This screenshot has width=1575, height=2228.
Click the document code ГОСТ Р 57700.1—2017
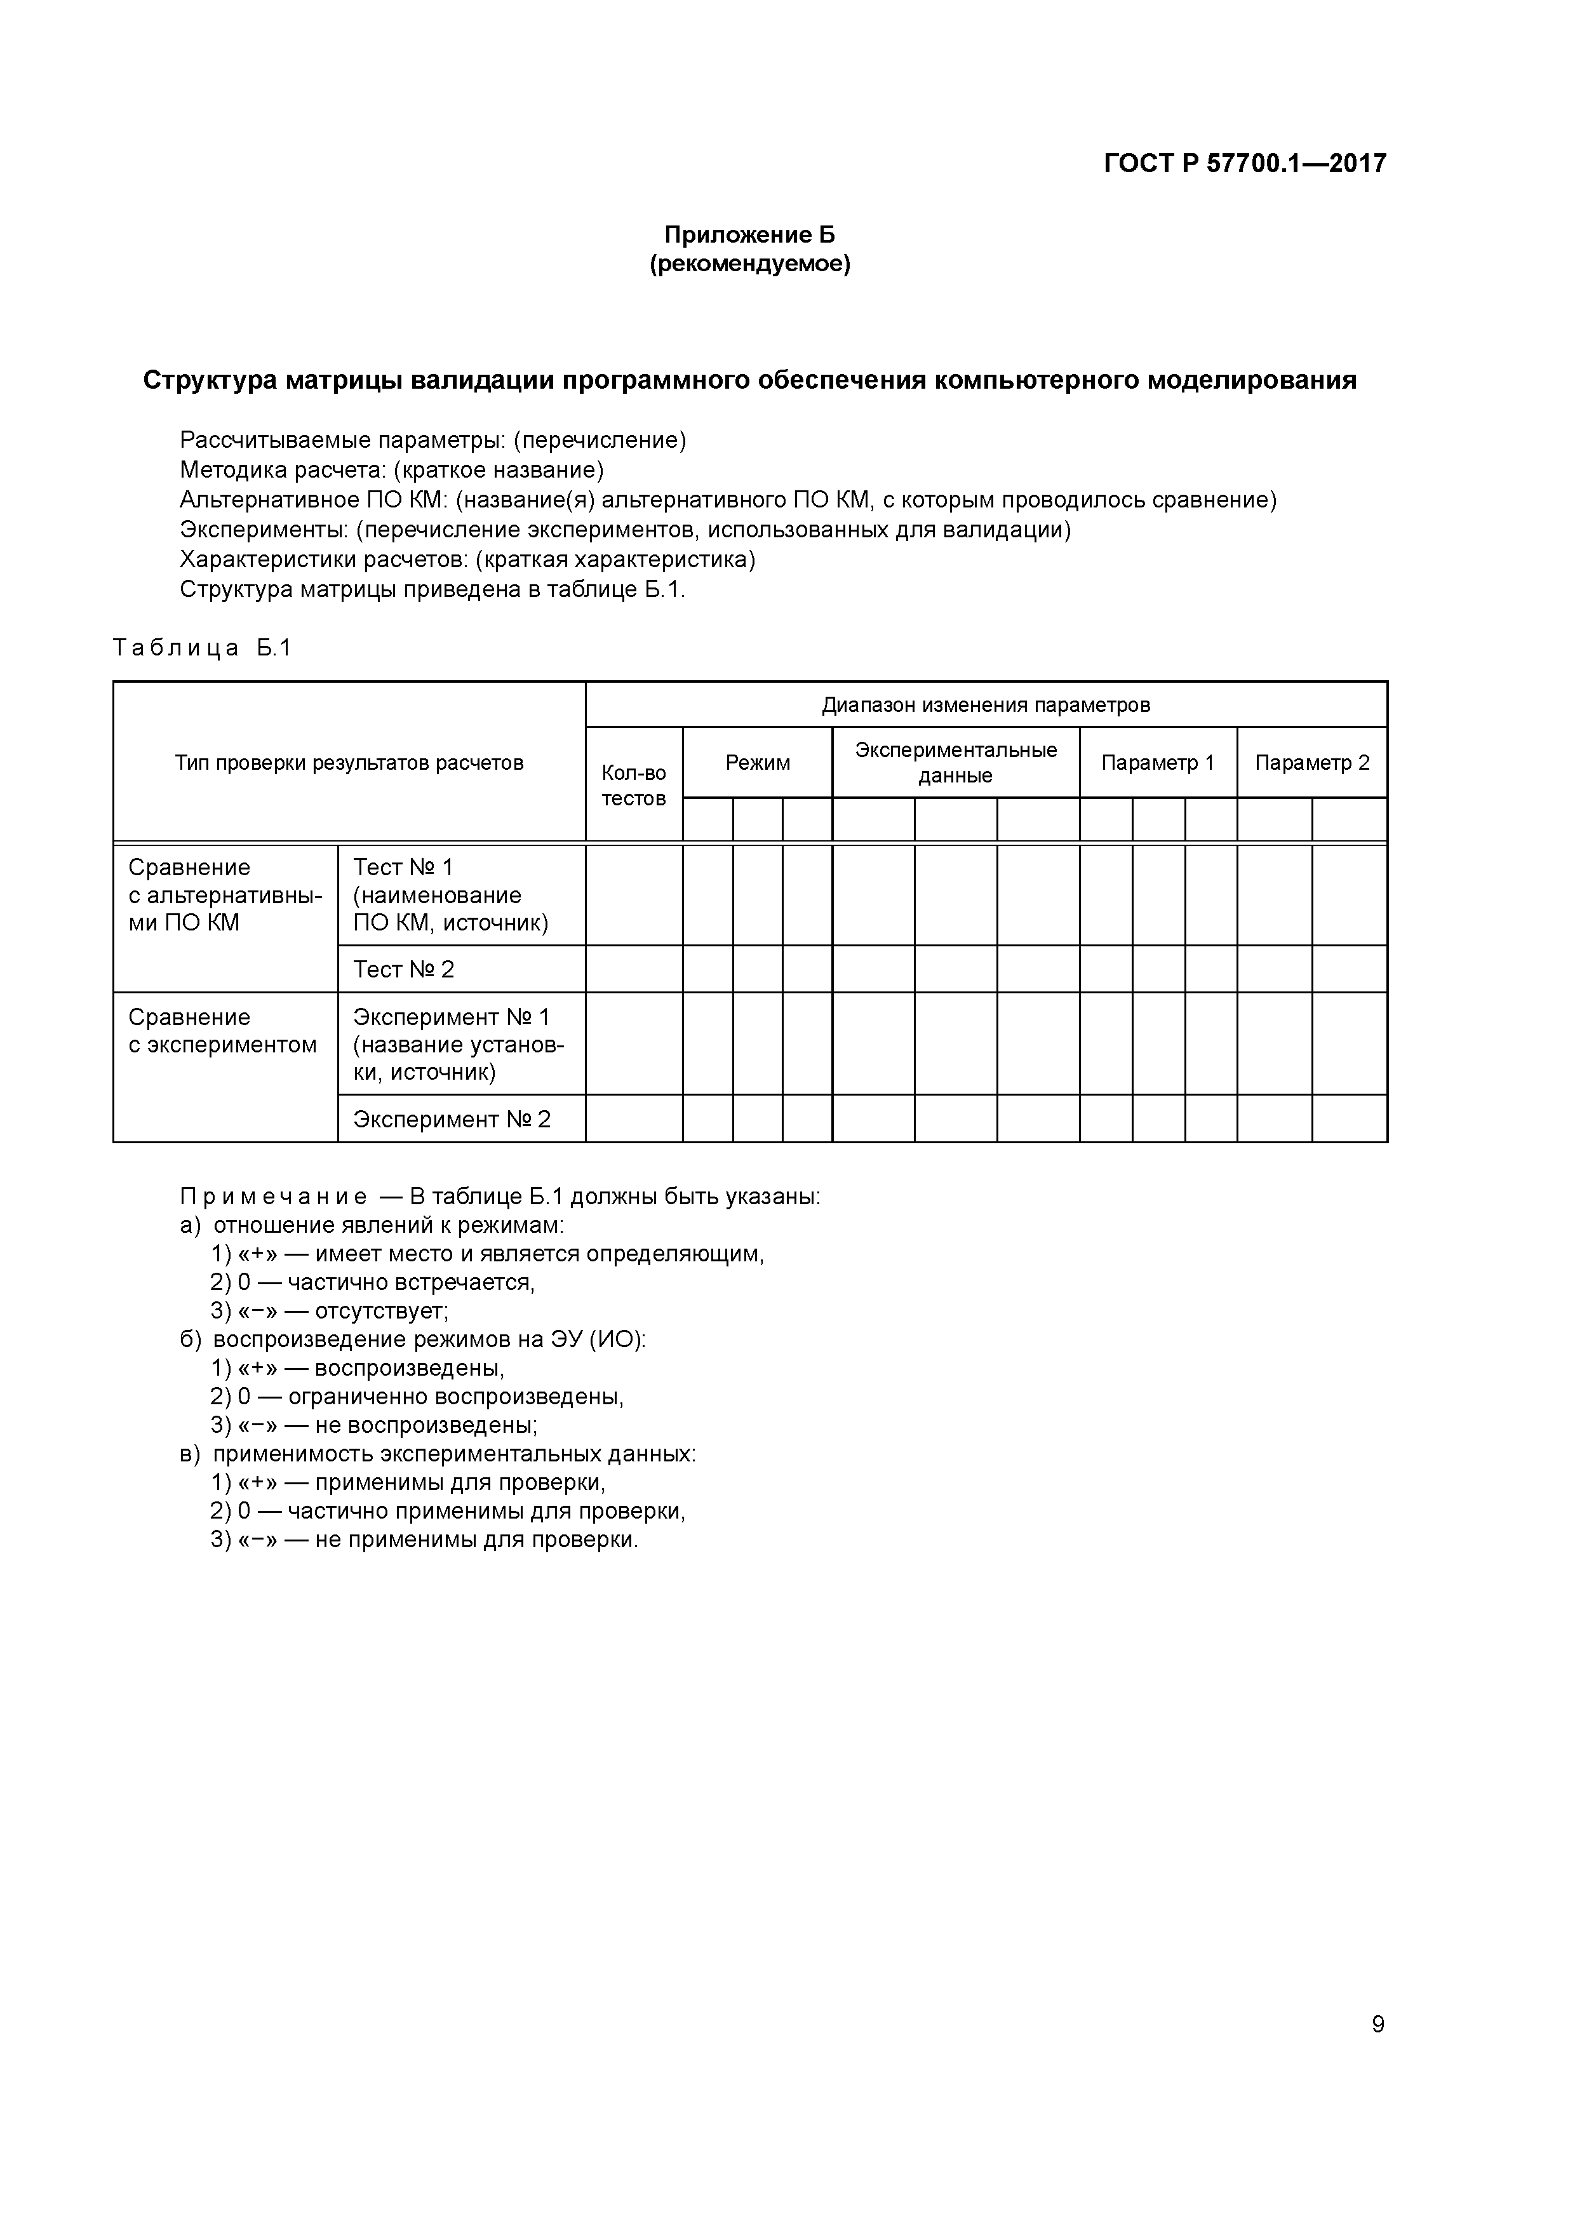click(x=1245, y=163)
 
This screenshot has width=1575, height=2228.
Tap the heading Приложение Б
click(x=749, y=235)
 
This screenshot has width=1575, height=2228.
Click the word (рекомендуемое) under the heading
click(x=749, y=264)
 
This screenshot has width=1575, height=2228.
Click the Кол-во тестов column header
click(x=634, y=785)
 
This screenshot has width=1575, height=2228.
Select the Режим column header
click(x=758, y=763)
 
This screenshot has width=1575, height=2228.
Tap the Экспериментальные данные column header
click(x=956, y=763)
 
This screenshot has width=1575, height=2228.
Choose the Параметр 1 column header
click(x=1158, y=763)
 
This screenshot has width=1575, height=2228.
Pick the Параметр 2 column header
click(x=1312, y=763)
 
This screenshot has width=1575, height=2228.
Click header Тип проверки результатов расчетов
click(x=349, y=763)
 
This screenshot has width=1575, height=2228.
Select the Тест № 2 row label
click(x=404, y=969)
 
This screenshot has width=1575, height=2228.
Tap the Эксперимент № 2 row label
click(x=452, y=1120)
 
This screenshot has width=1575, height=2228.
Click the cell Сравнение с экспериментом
click(x=223, y=1031)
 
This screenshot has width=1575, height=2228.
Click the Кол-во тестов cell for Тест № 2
click(x=634, y=969)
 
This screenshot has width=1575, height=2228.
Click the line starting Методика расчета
click(x=392, y=471)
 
